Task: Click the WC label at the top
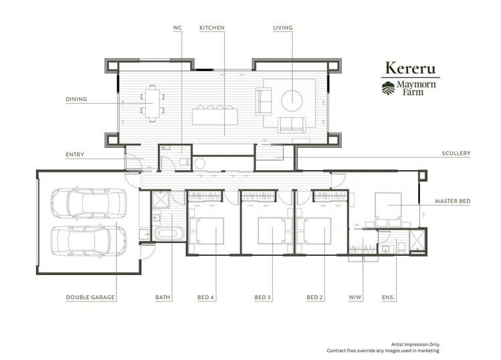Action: (177, 28)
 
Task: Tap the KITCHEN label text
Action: (212, 28)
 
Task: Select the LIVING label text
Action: (283, 28)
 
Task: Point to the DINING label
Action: (76, 99)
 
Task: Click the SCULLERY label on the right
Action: (456, 153)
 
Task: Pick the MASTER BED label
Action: (452, 201)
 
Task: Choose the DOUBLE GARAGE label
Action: (90, 297)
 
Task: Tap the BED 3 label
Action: (263, 297)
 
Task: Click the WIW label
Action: (355, 297)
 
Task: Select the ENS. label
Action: (388, 297)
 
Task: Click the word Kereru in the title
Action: (410, 68)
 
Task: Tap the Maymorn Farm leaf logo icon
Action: (388, 88)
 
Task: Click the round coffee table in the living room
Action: (292, 101)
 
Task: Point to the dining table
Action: (153, 103)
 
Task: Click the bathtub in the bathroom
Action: (169, 234)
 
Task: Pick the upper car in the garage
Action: (88, 203)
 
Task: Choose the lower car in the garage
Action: (88, 241)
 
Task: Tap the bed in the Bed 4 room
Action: (206, 231)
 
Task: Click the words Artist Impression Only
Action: (415, 345)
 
